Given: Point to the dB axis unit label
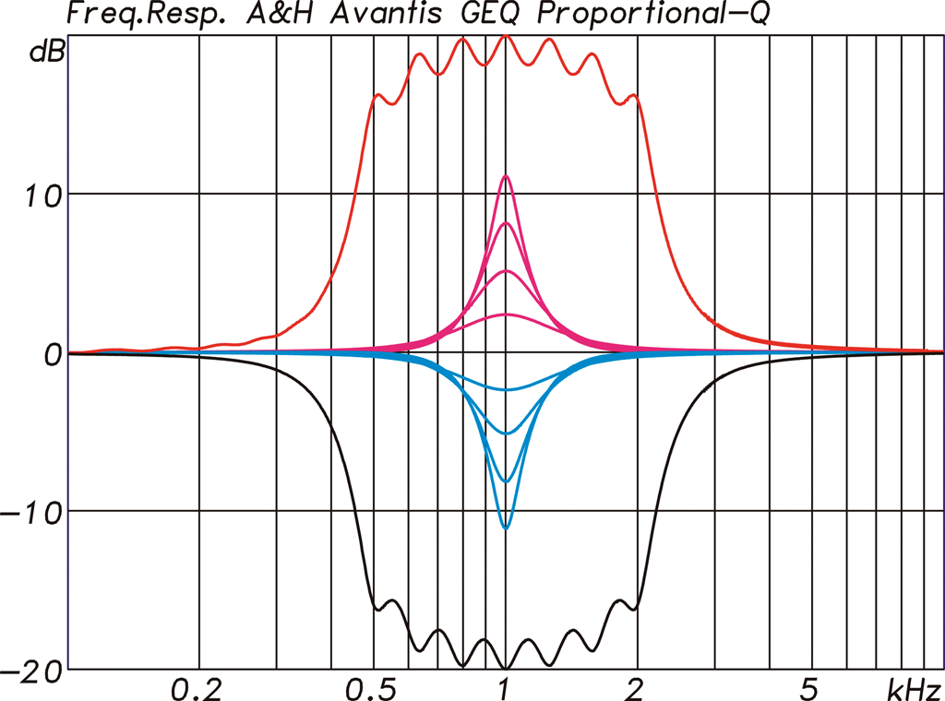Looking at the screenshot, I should coord(45,53).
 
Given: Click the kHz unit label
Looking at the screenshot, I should coord(914,688).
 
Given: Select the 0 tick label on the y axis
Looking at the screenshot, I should coord(53,353).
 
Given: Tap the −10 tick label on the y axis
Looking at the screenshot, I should coord(35,512).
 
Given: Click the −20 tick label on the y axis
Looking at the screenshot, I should coord(33,671).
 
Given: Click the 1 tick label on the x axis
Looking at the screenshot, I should coord(504,688).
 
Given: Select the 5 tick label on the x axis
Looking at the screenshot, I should coord(809,688).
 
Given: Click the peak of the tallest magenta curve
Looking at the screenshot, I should coord(505,176).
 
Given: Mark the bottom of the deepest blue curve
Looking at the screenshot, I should coord(505,529).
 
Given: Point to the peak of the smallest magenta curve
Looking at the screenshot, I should coord(505,315).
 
